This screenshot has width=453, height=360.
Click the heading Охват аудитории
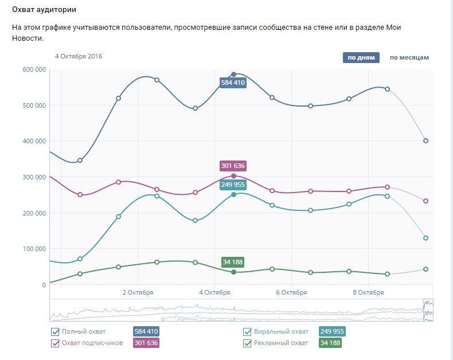[44, 10]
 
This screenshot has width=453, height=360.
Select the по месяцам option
[409, 57]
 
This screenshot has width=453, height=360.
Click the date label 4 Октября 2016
[79, 56]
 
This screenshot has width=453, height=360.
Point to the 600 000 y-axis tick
[34, 69]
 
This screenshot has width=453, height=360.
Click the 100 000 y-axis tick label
[34, 249]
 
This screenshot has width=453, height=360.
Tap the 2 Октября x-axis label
[138, 292]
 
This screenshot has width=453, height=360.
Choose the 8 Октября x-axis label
[368, 292]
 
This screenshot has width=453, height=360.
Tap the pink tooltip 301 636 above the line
[233, 166]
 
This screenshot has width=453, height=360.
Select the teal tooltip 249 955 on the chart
[233, 185]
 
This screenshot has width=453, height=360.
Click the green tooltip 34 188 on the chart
[233, 262]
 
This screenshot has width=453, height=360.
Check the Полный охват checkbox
[56, 331]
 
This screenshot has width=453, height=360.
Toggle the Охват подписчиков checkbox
[56, 343]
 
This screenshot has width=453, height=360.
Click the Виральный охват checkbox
[248, 331]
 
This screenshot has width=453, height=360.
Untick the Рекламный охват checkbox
[248, 343]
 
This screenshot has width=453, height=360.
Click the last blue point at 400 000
[425, 140]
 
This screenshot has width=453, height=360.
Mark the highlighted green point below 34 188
[233, 272]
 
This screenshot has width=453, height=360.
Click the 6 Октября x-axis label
[291, 292]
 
